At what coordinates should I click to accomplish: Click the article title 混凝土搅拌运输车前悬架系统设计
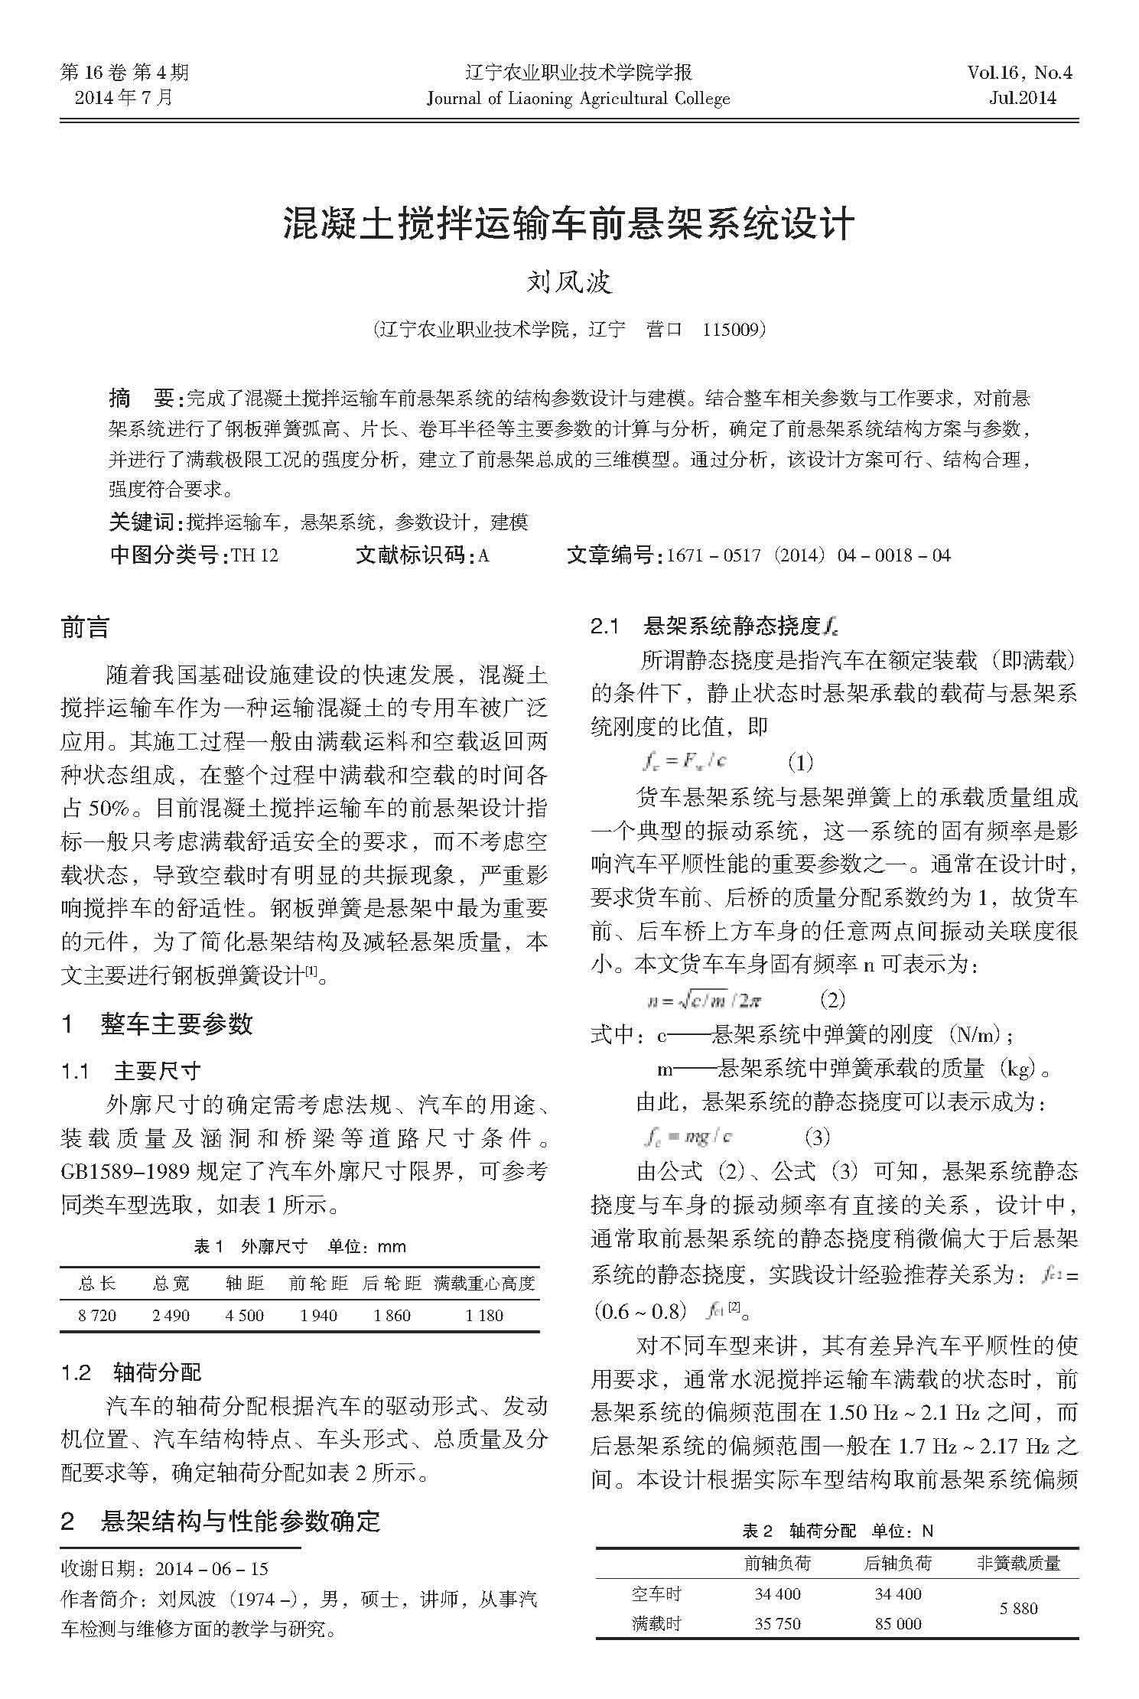[568, 223]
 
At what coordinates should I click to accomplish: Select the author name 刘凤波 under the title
[569, 282]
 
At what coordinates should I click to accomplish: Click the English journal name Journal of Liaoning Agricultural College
[578, 99]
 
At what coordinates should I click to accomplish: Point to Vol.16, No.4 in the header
[1020, 73]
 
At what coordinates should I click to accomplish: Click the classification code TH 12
[255, 555]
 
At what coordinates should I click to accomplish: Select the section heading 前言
[85, 627]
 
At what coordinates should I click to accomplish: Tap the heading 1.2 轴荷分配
[131, 1393]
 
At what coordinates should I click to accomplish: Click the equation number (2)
[831, 999]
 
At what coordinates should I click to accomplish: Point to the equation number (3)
[817, 1137]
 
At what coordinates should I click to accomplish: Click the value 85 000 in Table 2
[897, 1623]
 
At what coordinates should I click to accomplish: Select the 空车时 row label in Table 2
[656, 1593]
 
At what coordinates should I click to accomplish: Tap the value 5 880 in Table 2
[1018, 1608]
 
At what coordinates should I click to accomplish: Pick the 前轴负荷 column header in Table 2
[776, 1563]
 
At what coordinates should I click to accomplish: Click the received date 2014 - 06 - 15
[211, 1569]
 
